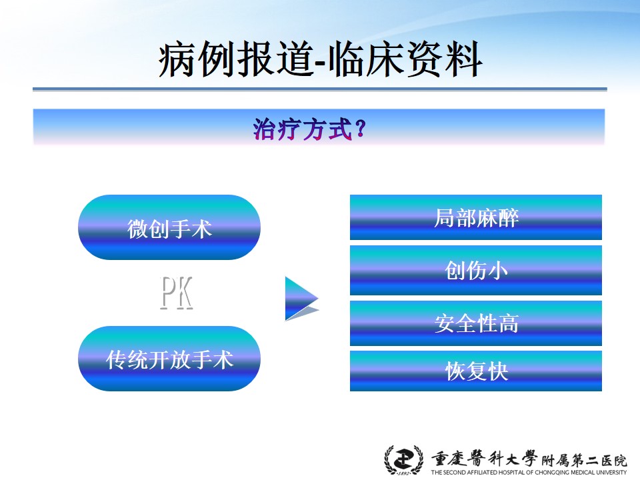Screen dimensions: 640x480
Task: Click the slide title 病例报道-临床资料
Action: point(321,59)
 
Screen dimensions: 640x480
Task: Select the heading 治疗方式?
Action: point(309,129)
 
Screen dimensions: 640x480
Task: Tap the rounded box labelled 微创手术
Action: point(169,227)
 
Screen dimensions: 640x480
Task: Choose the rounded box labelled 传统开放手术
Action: point(169,359)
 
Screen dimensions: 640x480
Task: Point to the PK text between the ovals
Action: point(176,293)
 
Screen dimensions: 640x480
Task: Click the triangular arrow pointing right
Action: point(301,299)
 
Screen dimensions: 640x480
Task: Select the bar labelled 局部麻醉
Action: point(476,217)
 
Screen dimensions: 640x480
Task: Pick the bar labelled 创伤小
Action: point(476,270)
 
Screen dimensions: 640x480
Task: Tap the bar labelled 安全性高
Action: point(476,323)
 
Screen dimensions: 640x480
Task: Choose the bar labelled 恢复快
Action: point(476,371)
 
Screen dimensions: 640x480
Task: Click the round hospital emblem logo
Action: point(404,460)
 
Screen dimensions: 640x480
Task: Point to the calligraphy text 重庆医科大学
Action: point(485,459)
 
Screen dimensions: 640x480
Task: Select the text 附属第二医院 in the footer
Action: point(585,461)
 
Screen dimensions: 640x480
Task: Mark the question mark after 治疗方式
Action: point(361,129)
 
